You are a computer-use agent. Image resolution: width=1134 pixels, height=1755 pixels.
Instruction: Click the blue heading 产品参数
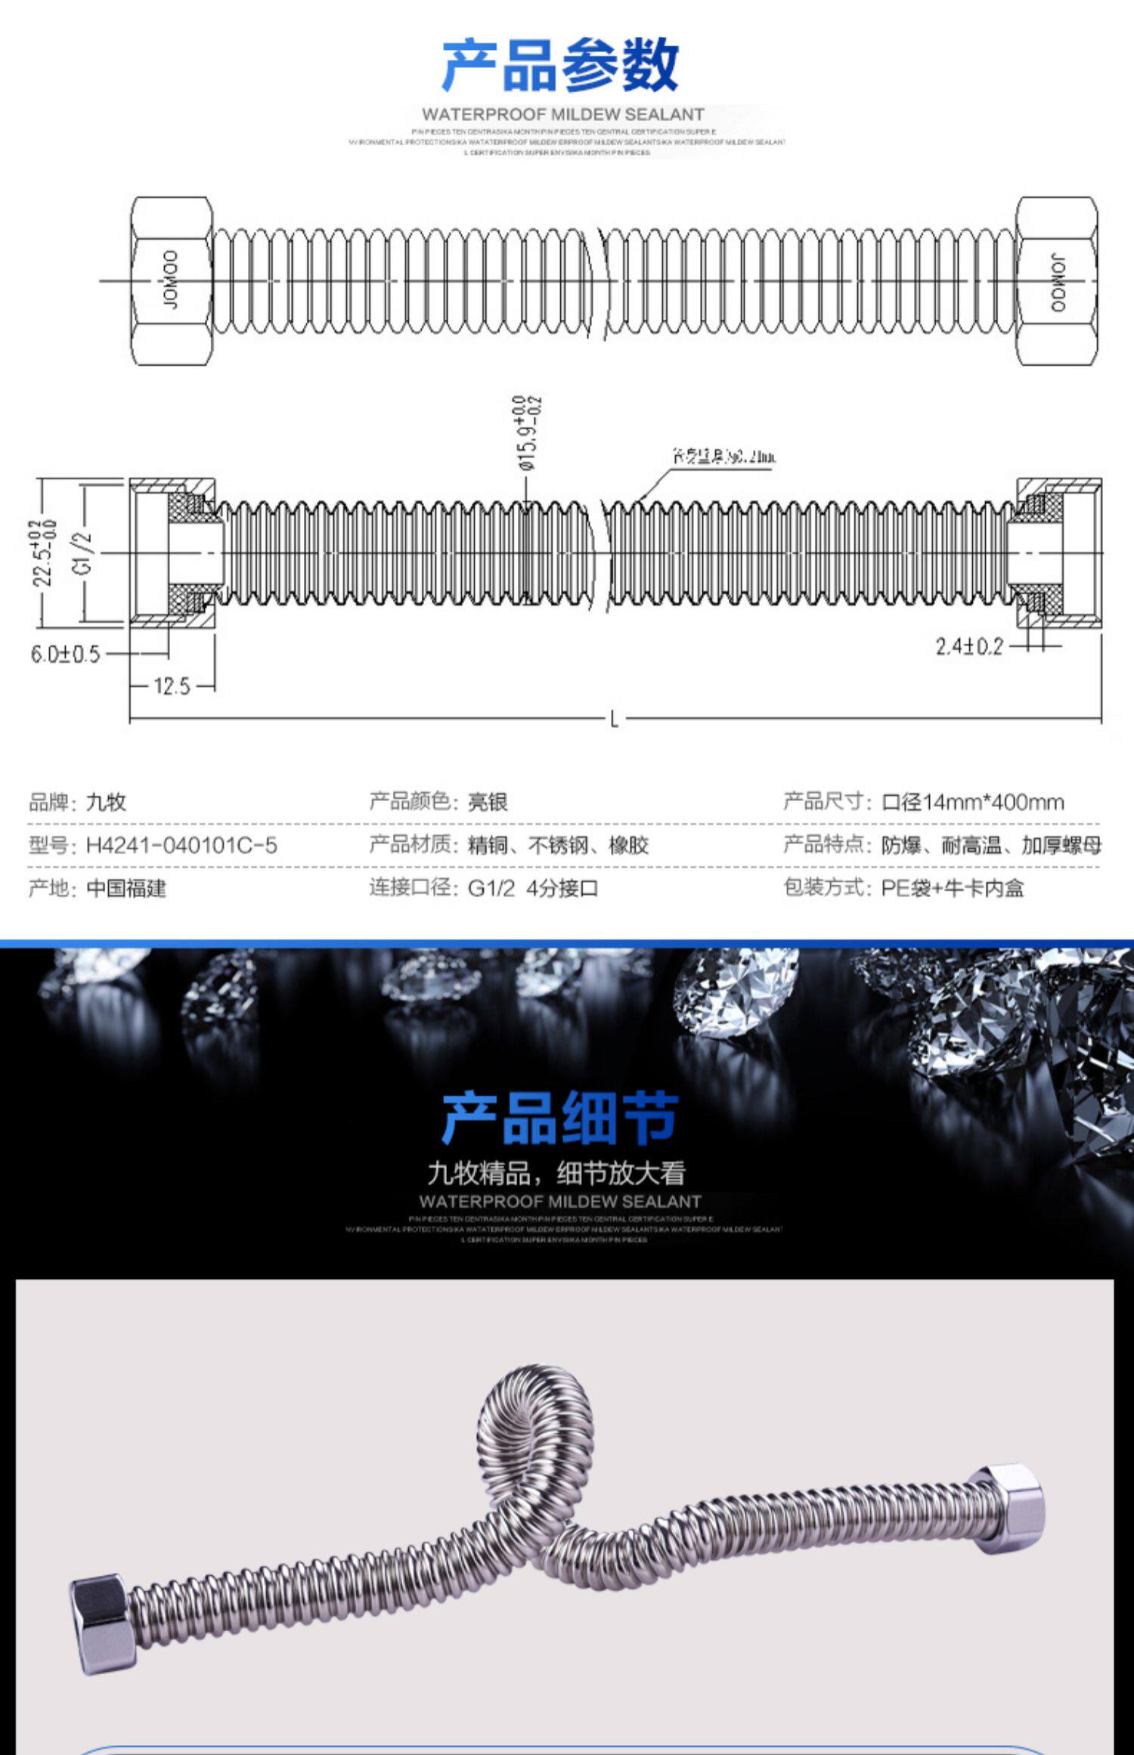tap(560, 65)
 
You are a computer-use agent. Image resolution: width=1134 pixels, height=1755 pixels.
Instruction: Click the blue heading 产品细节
tap(560, 1119)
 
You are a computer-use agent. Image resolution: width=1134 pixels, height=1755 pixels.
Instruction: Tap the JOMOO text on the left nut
tap(172, 280)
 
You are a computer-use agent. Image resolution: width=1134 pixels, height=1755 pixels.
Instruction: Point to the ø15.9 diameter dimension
tap(530, 434)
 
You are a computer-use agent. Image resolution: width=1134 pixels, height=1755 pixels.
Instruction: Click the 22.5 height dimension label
tap(44, 552)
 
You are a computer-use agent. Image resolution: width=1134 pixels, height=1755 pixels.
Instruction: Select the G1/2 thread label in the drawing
tap(84, 552)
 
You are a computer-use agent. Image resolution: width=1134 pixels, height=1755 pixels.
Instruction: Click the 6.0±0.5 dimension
tap(65, 654)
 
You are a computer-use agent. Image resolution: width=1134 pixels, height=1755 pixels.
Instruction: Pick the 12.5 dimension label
tap(172, 686)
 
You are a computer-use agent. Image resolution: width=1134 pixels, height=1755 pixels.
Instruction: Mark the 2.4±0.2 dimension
tap(969, 646)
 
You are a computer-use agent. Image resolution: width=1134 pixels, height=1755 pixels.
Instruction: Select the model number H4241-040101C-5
tap(181, 845)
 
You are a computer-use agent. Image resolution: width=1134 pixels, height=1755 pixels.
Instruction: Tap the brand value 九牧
tap(106, 802)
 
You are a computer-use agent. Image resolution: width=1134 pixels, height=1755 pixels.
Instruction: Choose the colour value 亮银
tap(488, 802)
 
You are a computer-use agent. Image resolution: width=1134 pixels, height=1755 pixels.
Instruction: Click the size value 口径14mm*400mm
tap(972, 802)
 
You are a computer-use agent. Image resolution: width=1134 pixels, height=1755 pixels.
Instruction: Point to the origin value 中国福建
tap(126, 888)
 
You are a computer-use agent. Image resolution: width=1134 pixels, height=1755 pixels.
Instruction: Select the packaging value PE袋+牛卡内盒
tap(953, 888)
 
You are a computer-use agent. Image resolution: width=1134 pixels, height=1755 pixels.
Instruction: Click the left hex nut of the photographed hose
tap(102, 1625)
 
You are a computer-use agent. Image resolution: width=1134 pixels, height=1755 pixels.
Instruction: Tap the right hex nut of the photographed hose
tap(1007, 1509)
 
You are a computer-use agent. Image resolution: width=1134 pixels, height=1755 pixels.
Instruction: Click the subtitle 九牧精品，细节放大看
tap(556, 1173)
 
